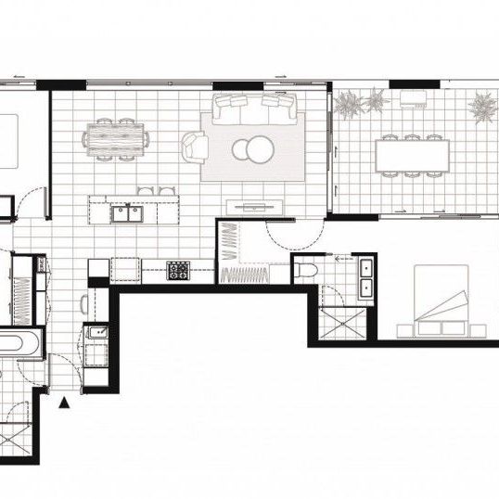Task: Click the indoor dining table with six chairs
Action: [116, 139]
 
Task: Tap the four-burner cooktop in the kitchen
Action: [178, 271]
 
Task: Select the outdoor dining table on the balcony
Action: [410, 154]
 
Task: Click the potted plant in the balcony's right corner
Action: [481, 109]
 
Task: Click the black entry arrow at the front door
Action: [64, 403]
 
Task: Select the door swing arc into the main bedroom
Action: [278, 232]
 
